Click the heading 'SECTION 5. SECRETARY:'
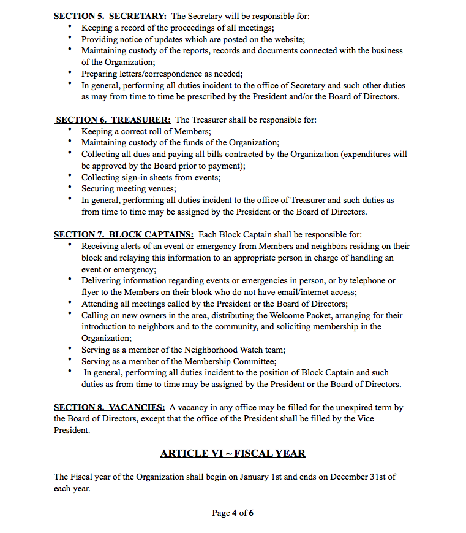pos(110,16)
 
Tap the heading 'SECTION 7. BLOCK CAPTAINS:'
pos(124,234)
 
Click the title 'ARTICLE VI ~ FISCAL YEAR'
pos(233,453)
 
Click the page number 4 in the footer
pos(235,513)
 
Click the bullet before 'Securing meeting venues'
pos(70,188)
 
